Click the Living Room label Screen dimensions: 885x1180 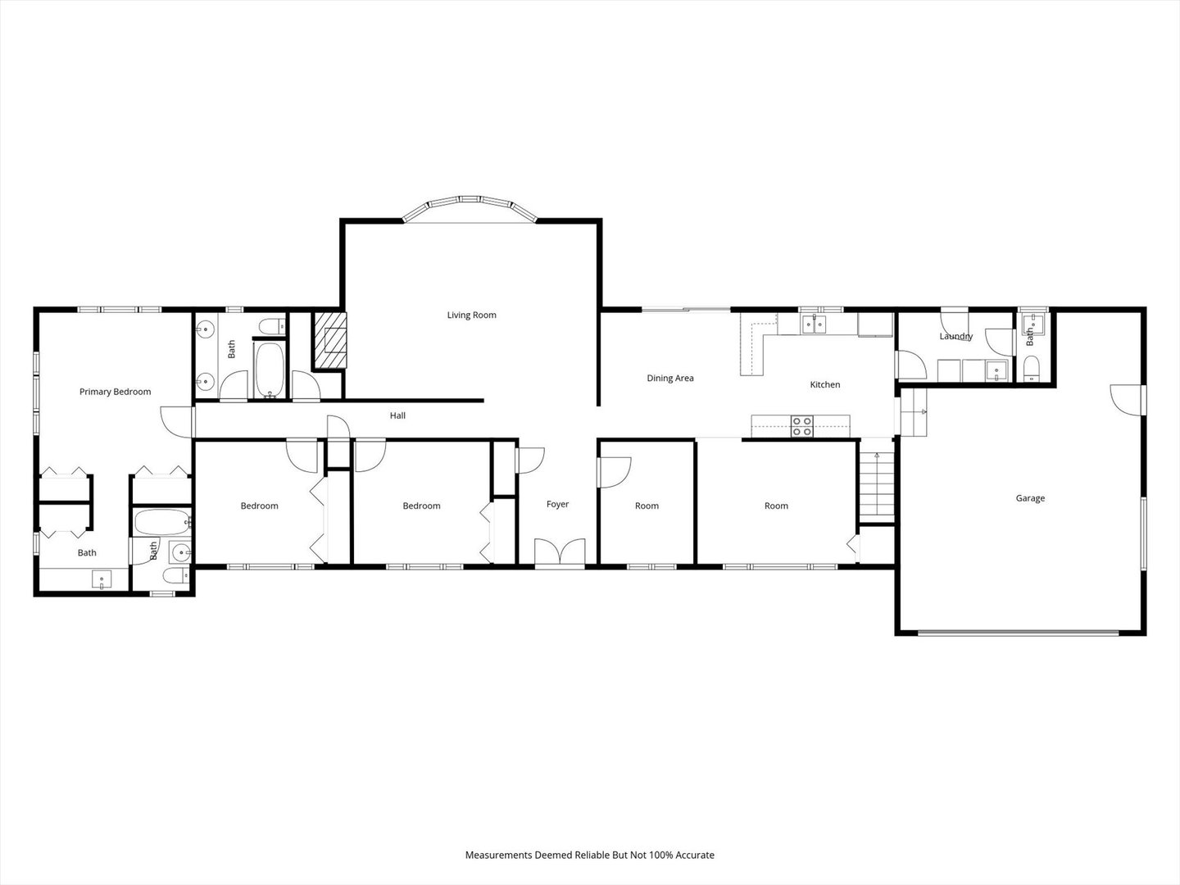pos(471,315)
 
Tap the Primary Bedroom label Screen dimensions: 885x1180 pos(115,392)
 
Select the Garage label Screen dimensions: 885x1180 pos(1030,498)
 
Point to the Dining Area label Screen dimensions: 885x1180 pos(670,379)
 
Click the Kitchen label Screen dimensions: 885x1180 pos(824,385)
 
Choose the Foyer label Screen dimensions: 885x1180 pos(557,505)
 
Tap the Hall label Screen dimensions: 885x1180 pos(397,416)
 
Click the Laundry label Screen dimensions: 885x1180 pos(955,337)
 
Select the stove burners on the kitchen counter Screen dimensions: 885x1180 pos(801,426)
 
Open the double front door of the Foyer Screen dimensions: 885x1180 pos(560,552)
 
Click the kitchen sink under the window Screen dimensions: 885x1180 pos(815,324)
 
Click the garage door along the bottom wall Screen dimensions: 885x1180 pos(1018,632)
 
